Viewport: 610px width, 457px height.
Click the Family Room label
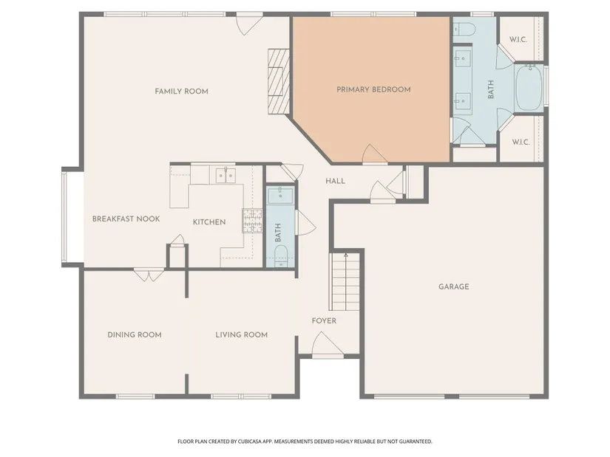click(x=181, y=92)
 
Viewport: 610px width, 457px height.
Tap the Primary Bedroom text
click(x=373, y=89)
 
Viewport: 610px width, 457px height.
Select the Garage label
click(x=453, y=286)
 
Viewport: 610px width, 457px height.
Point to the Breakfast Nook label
click(x=126, y=219)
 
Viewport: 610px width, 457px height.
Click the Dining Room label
click(x=135, y=334)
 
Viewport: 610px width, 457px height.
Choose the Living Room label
click(x=242, y=334)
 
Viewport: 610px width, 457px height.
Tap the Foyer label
click(x=324, y=320)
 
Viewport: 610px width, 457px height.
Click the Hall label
click(x=335, y=181)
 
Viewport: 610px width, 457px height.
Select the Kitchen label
click(x=209, y=222)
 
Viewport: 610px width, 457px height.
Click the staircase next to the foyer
click(x=345, y=281)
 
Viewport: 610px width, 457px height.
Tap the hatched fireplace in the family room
click(x=279, y=81)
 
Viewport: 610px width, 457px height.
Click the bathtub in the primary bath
click(x=529, y=88)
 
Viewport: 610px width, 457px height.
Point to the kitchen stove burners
click(x=252, y=221)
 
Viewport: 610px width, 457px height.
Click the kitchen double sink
click(x=226, y=176)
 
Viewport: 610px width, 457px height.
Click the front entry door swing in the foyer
click(x=327, y=344)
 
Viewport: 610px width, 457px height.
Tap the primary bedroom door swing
click(x=374, y=154)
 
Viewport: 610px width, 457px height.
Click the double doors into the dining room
click(x=149, y=275)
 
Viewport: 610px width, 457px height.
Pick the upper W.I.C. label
click(x=518, y=40)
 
